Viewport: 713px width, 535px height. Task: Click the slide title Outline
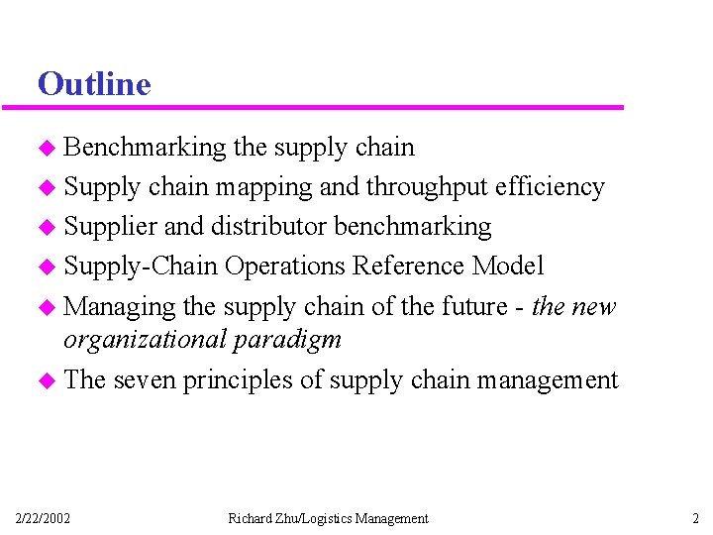[x=94, y=84]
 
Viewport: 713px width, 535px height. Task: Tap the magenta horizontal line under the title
[x=327, y=107]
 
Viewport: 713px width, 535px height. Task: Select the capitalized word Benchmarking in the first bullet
[x=146, y=148]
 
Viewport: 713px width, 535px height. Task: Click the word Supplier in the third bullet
[x=110, y=227]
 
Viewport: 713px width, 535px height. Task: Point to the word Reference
[x=410, y=267]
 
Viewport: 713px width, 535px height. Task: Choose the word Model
[x=508, y=267]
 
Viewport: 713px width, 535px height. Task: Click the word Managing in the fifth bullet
[x=120, y=307]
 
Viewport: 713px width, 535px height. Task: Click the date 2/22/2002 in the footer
[x=43, y=518]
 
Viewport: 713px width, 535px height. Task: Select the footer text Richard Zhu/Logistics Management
[x=328, y=518]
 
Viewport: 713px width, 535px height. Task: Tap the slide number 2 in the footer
[x=695, y=518]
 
